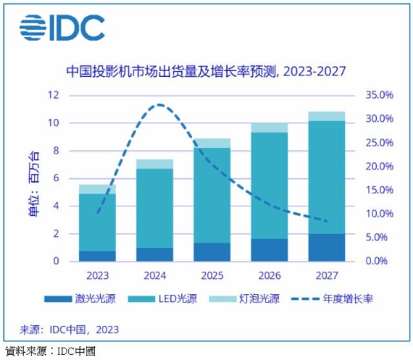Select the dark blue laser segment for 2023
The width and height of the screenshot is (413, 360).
(97, 255)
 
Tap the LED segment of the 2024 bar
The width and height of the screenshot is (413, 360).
(155, 208)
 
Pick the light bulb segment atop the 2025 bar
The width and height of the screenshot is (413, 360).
(212, 143)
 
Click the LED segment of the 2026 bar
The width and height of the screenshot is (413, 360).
(269, 185)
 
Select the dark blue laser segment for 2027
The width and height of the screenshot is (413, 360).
(327, 247)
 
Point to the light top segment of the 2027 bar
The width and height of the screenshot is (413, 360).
(327, 116)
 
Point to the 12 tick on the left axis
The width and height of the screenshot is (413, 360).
(54, 95)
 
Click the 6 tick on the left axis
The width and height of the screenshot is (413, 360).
(57, 178)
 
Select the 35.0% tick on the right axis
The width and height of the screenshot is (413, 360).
(379, 95)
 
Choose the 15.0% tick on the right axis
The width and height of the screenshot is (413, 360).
(379, 190)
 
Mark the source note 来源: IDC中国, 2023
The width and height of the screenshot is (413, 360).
(68, 330)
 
